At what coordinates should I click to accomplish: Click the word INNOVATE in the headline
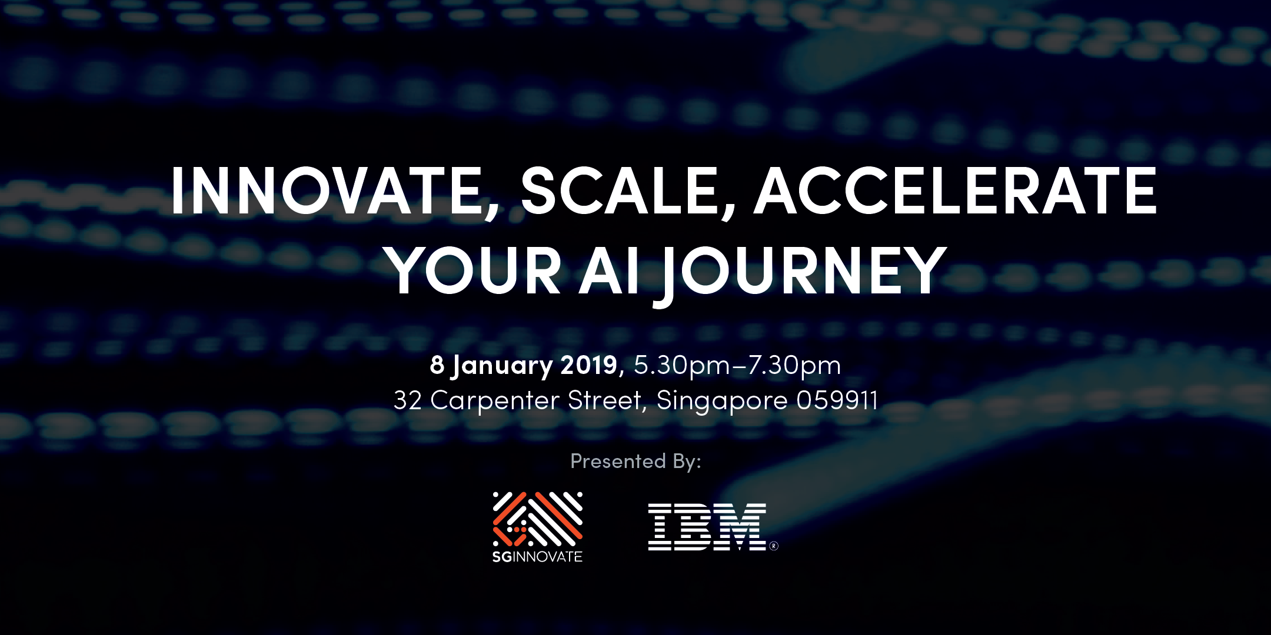(327, 191)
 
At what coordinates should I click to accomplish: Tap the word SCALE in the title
(620, 191)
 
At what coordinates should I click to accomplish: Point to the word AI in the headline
(609, 270)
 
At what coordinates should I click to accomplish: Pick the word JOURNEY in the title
(800, 274)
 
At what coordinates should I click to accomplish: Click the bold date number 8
(437, 365)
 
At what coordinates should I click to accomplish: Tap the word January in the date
(501, 366)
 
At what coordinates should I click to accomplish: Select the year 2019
(588, 365)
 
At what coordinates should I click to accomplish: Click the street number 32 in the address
(408, 400)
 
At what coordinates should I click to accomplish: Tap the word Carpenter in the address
(495, 402)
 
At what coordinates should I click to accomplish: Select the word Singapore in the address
(722, 402)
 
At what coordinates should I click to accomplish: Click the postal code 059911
(837, 400)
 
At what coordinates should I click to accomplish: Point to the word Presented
(618, 461)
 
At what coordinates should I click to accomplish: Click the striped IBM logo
(707, 527)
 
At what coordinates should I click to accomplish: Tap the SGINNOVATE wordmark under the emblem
(537, 556)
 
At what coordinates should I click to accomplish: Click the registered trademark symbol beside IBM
(774, 546)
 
